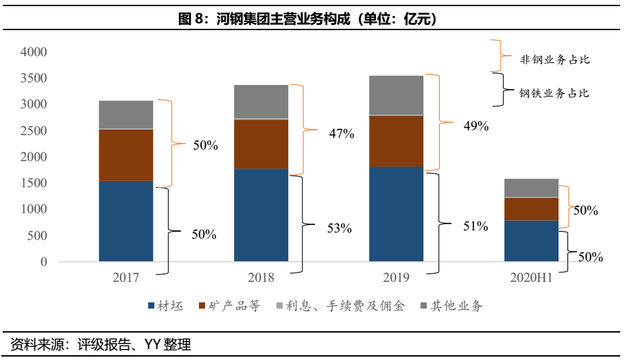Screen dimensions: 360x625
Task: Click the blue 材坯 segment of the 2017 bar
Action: pyautogui.click(x=126, y=221)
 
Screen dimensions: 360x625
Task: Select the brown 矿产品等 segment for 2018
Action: pyautogui.click(x=261, y=144)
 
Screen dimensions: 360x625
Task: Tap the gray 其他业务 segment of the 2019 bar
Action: pyautogui.click(x=396, y=95)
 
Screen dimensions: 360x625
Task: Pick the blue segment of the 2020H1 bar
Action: pyautogui.click(x=531, y=241)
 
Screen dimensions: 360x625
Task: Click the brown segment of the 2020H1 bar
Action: pyautogui.click(x=531, y=208)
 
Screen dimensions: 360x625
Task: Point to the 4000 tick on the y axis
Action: pyautogui.click(x=34, y=52)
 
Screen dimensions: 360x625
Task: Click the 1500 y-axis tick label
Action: pyautogui.click(x=34, y=183)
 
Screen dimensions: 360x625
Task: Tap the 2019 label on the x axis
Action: pyautogui.click(x=396, y=278)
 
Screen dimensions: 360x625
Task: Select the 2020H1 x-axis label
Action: pyautogui.click(x=531, y=278)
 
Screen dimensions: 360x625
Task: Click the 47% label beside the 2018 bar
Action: pyautogui.click(x=340, y=134)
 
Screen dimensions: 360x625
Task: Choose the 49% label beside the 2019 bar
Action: pyautogui.click(x=475, y=125)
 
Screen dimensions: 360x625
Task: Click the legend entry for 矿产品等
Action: pyautogui.click(x=230, y=307)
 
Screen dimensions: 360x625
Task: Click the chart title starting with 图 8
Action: pyautogui.click(x=311, y=19)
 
